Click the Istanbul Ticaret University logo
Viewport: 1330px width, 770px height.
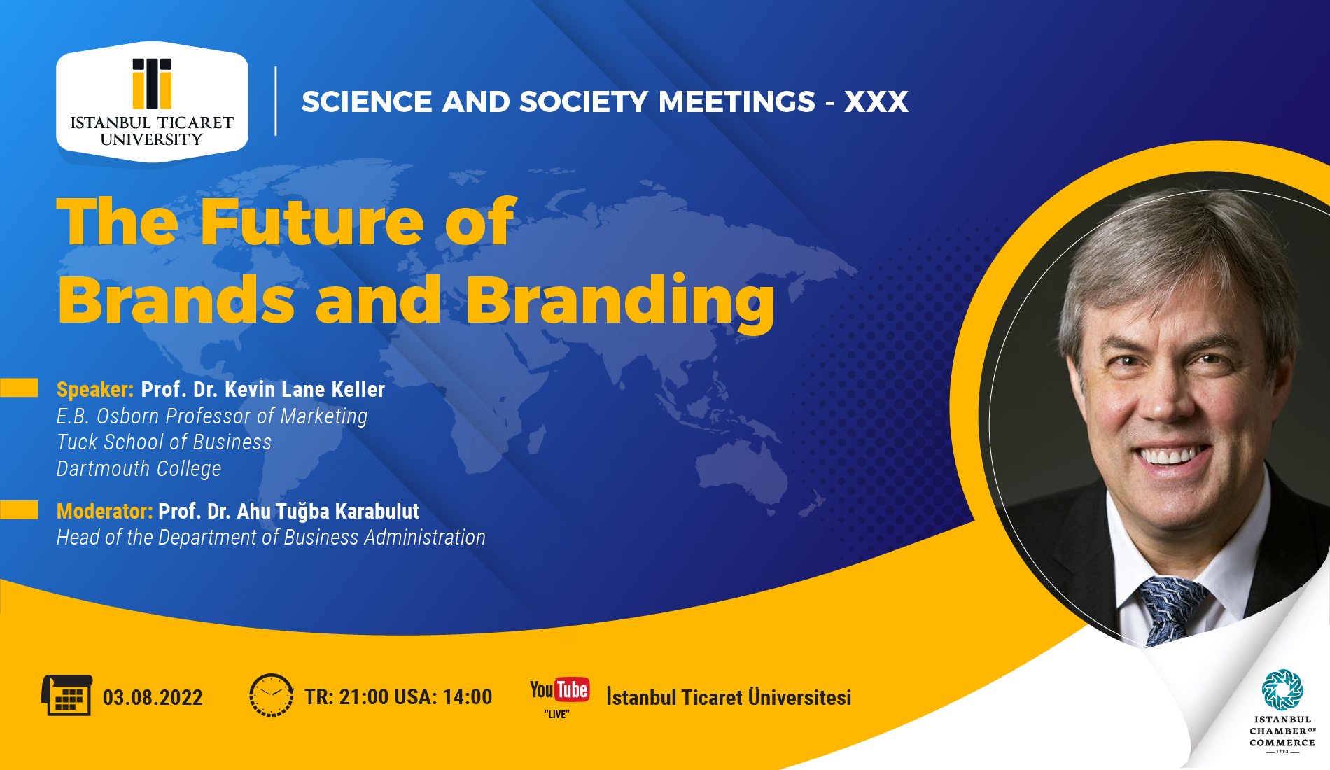152,102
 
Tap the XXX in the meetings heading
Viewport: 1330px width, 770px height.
876,102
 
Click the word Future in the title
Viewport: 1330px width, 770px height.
312,223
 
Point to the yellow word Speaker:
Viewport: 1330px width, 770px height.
95,390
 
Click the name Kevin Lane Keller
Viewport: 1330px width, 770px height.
305,390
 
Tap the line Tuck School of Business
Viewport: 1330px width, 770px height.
164,442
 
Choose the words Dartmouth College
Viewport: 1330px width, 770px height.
139,468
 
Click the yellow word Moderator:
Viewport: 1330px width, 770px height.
105,512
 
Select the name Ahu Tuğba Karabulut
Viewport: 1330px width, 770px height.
328,512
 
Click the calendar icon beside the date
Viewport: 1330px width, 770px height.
66,695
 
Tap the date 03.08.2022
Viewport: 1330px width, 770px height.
153,698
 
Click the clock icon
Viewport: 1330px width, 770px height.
272,696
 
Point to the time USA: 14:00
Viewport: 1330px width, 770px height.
443,697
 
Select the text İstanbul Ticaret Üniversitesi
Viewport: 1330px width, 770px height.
729,698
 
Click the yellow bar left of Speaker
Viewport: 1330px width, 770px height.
19,388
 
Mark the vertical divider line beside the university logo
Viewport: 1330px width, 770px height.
276,101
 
